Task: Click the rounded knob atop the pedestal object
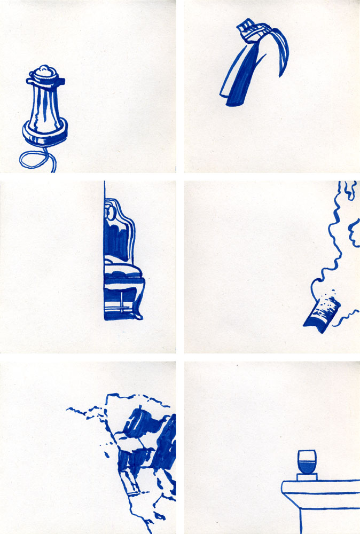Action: tap(44, 71)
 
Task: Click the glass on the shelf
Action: tap(307, 461)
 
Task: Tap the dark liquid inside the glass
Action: tap(307, 467)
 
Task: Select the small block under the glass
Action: tap(307, 477)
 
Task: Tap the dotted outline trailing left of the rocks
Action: tap(85, 412)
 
